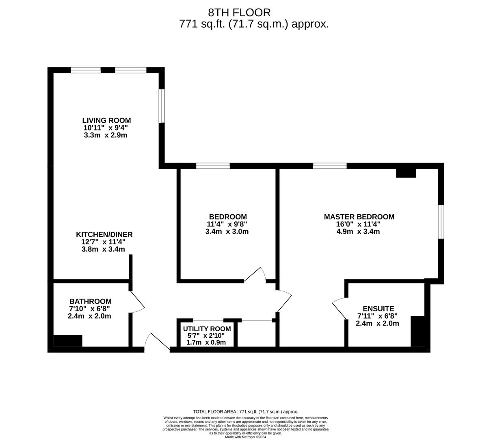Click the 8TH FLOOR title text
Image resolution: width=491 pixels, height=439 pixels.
(239, 13)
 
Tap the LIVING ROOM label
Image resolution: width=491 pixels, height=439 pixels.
(106, 120)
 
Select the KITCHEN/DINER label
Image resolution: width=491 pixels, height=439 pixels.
(104, 235)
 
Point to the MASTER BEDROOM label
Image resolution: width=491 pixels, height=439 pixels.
(359, 217)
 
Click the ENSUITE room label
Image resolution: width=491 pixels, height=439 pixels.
(378, 309)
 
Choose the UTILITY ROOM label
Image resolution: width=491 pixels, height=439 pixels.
(207, 329)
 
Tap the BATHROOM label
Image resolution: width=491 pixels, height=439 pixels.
(90, 301)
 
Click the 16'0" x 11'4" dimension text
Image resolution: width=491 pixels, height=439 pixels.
(359, 224)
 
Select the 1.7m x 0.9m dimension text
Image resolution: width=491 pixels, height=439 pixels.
(206, 342)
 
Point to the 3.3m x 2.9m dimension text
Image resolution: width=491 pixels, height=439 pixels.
(106, 135)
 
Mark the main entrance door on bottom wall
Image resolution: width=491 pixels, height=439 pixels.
(157, 343)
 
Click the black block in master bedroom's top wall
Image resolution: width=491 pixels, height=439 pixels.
(406, 173)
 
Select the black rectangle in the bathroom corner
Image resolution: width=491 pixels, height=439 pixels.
(68, 341)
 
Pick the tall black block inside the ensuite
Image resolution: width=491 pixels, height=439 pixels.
(418, 331)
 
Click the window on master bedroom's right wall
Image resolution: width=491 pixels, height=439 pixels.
(441, 222)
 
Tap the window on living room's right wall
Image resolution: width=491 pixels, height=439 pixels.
(162, 106)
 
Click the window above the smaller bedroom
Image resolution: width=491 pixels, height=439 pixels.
(213, 166)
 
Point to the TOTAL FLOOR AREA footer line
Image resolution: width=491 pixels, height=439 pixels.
(245, 411)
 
